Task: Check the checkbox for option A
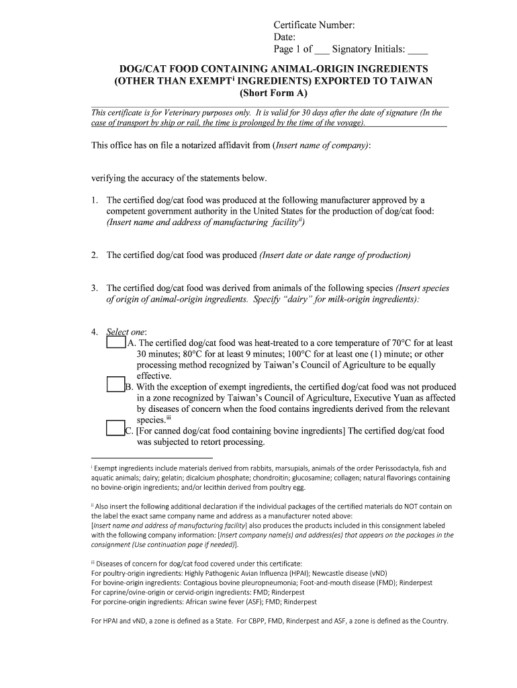tap(116, 343)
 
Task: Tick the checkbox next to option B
tap(116, 386)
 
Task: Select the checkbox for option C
tap(116, 429)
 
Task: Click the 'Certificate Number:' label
tap(314, 26)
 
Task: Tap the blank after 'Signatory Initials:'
tap(418, 50)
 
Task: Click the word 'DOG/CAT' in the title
tap(142, 69)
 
